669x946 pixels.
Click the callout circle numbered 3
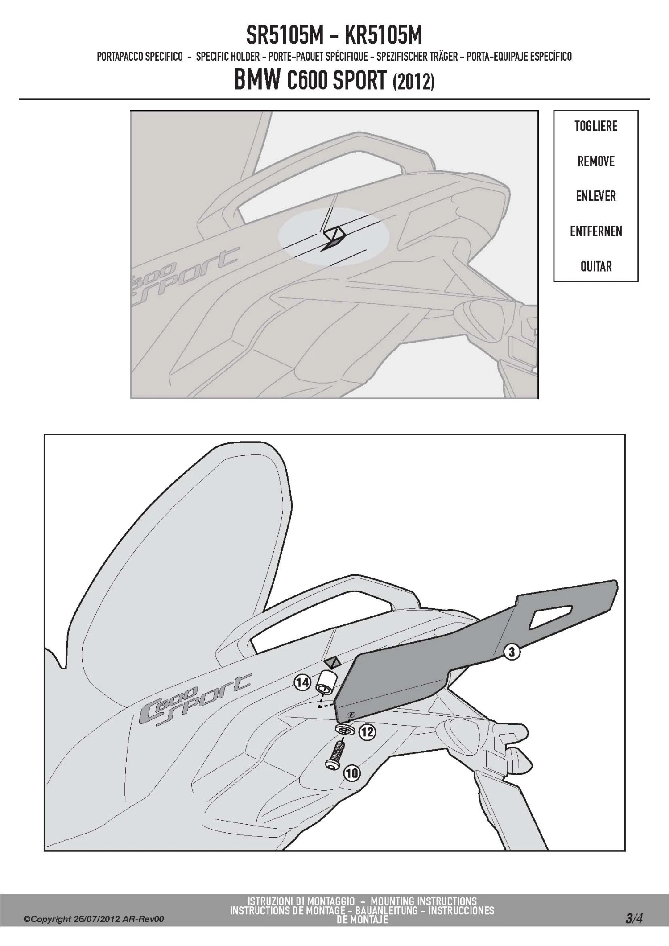point(512,652)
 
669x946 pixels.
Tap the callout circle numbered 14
point(302,682)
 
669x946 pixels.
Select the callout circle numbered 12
point(367,732)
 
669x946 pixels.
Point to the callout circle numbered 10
point(351,773)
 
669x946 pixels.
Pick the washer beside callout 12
point(344,729)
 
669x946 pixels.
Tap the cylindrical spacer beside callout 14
point(326,682)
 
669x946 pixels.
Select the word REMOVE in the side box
point(596,161)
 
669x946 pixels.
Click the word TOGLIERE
point(596,126)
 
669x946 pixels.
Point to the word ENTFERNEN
point(596,231)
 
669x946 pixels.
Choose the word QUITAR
point(596,266)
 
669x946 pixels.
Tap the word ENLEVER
point(596,196)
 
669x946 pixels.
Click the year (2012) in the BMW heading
point(413,82)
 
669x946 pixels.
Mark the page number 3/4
point(633,919)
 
